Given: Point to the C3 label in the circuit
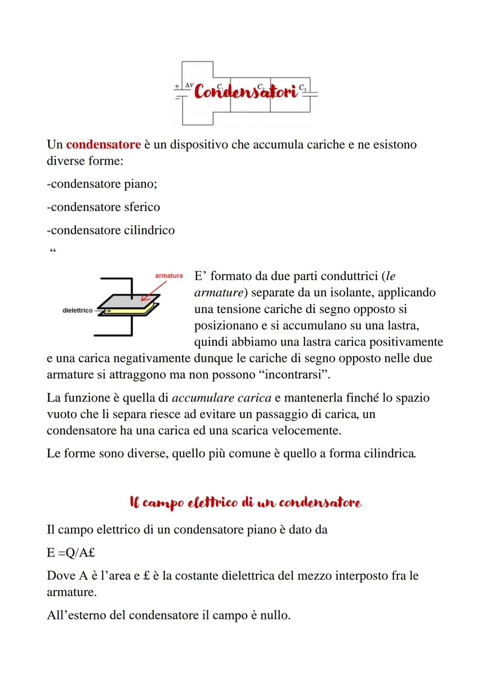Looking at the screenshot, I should pyautogui.click(x=302, y=88).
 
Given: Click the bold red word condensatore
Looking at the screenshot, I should pyautogui.click(x=103, y=144).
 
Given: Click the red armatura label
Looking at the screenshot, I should pyautogui.click(x=169, y=276).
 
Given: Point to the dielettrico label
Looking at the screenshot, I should pyautogui.click(x=77, y=310).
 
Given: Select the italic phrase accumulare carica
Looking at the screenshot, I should pyautogui.click(x=221, y=397).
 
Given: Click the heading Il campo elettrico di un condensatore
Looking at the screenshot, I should pyautogui.click(x=246, y=503).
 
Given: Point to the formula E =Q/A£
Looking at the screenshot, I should pyautogui.click(x=71, y=552).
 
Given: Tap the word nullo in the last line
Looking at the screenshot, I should pyautogui.click(x=275, y=615).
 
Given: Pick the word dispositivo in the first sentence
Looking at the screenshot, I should pyautogui.click(x=199, y=144).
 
